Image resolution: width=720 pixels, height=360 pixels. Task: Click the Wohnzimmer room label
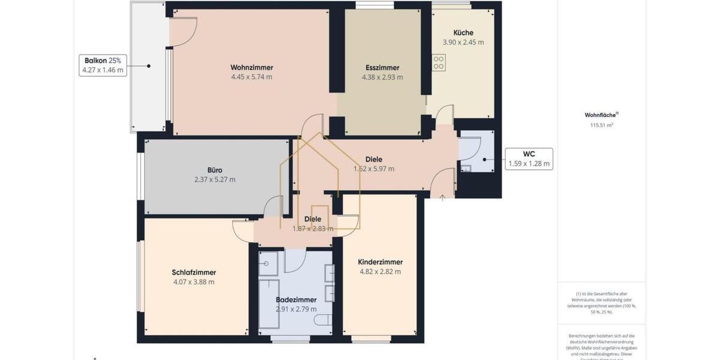tap(251, 67)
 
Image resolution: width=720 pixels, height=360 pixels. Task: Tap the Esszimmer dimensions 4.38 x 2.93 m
tap(382, 77)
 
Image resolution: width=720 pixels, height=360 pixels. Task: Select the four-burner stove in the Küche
tap(439, 62)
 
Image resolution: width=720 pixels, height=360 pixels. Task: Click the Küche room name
tap(463, 32)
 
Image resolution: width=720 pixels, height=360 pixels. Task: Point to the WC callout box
tap(529, 159)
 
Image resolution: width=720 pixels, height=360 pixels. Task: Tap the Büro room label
tap(214, 170)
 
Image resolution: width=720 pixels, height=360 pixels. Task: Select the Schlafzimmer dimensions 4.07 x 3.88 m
tap(193, 282)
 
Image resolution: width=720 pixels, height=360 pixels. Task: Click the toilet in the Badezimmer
tap(323, 320)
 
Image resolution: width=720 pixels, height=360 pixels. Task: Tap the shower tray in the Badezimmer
tap(268, 263)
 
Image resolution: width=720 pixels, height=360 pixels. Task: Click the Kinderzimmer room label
tap(380, 262)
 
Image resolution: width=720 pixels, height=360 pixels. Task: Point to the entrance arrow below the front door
tap(442, 197)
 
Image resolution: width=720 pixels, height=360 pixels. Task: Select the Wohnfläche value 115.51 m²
tap(602, 125)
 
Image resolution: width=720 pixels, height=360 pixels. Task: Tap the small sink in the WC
tap(466, 168)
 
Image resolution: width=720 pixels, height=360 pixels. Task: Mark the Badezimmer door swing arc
tap(295, 260)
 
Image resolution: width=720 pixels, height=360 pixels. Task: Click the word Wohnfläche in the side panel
tap(601, 115)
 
